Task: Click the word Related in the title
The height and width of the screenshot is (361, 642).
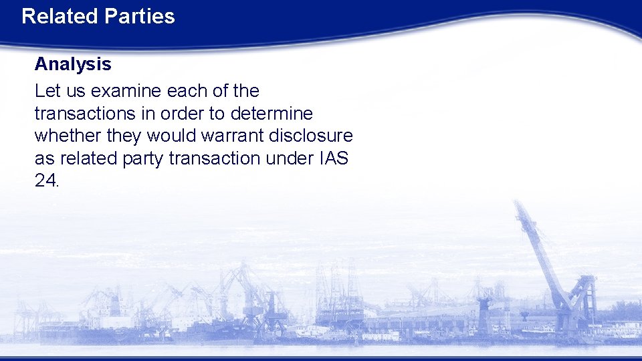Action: click(x=59, y=16)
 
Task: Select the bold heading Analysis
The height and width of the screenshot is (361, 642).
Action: click(x=73, y=64)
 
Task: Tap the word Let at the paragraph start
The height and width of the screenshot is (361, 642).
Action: click(x=46, y=90)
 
